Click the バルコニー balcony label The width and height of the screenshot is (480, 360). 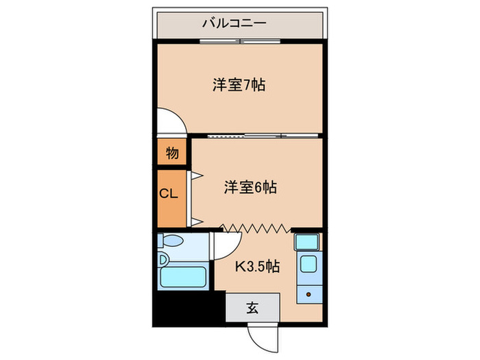[235, 25]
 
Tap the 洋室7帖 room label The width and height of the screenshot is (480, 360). [239, 86]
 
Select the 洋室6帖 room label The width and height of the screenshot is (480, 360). [250, 187]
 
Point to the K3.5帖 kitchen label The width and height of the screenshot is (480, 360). [257, 267]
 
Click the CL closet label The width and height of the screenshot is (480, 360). [169, 193]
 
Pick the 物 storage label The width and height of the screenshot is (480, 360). [172, 153]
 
